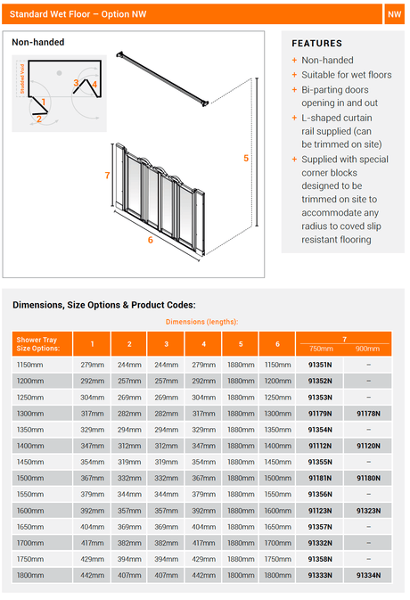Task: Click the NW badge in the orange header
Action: [x=394, y=14]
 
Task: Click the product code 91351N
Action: [x=320, y=365]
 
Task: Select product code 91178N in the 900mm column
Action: [x=368, y=414]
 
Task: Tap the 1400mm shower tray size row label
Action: [x=30, y=446]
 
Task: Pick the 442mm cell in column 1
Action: [x=92, y=575]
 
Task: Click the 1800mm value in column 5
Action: [x=241, y=575]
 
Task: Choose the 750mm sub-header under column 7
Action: [x=321, y=349]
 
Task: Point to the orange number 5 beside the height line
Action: [x=246, y=158]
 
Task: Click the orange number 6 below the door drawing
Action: [x=151, y=240]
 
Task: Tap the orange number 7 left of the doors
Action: [x=107, y=176]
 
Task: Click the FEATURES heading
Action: [x=316, y=44]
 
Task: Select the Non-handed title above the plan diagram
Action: [x=37, y=42]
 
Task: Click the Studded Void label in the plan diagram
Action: [x=22, y=78]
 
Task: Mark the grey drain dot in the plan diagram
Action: [x=60, y=73]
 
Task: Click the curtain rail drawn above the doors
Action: [x=162, y=78]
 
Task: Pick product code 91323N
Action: [x=368, y=511]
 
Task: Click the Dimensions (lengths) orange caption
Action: [x=201, y=322]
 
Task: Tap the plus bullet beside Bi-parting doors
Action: [x=294, y=89]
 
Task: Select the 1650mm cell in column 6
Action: [x=278, y=527]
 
